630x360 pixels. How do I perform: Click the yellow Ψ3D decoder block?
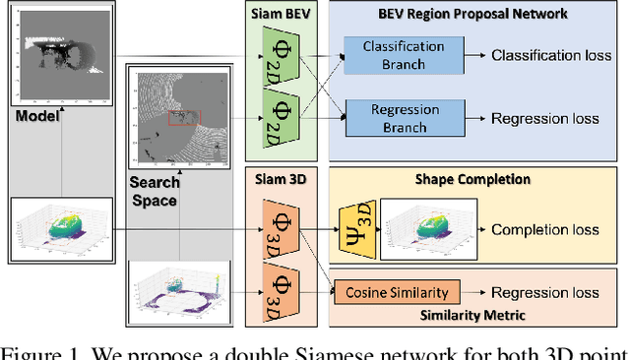click(x=356, y=229)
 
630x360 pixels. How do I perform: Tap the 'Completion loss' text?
click(x=543, y=230)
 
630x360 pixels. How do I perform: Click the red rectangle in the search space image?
click(x=183, y=118)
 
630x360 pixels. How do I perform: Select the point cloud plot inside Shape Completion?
click(x=428, y=229)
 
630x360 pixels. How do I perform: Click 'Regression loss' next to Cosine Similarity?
click(x=545, y=291)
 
